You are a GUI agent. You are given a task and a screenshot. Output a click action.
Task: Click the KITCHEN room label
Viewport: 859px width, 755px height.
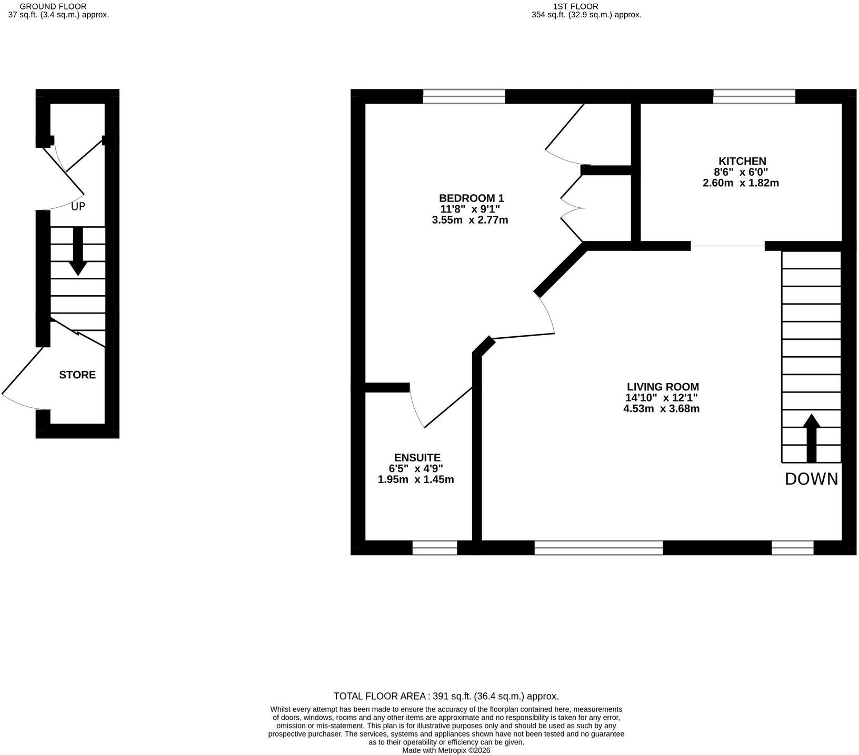pyautogui.click(x=742, y=161)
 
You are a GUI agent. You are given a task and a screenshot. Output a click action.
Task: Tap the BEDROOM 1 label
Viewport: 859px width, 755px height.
pyautogui.click(x=471, y=198)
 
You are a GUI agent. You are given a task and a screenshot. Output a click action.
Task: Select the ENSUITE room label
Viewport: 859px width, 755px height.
pyautogui.click(x=417, y=458)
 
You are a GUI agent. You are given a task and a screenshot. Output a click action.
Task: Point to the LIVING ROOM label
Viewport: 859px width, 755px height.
pyautogui.click(x=662, y=387)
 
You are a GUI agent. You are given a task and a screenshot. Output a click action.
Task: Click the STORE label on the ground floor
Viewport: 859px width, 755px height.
pyautogui.click(x=77, y=375)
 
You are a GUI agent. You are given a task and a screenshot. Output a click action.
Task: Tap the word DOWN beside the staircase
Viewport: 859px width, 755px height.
pyautogui.click(x=811, y=479)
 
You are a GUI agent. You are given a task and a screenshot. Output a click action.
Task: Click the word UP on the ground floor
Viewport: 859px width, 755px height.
pyautogui.click(x=78, y=206)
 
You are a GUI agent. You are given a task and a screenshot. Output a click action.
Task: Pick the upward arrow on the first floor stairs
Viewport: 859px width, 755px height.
pyautogui.click(x=811, y=438)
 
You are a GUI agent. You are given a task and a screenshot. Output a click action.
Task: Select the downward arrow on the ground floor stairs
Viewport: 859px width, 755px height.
pyautogui.click(x=78, y=251)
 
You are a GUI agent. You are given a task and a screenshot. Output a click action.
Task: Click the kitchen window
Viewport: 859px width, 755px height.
pyautogui.click(x=754, y=96)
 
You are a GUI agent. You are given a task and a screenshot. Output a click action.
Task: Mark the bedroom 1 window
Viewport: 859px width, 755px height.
pyautogui.click(x=464, y=96)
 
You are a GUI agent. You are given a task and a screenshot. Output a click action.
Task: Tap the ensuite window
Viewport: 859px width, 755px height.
pyautogui.click(x=435, y=548)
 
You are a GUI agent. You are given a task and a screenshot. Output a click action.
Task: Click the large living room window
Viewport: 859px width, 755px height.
pyautogui.click(x=598, y=548)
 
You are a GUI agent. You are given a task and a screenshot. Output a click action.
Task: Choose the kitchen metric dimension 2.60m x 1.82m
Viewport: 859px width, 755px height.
pyautogui.click(x=741, y=183)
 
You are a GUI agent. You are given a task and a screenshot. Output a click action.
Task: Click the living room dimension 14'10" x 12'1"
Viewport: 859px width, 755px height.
pyautogui.click(x=662, y=398)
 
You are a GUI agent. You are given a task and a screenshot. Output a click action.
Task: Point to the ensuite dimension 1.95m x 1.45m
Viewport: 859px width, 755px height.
pyautogui.click(x=416, y=479)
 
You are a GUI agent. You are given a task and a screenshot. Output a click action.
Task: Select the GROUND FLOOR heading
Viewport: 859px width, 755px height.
pyautogui.click(x=53, y=6)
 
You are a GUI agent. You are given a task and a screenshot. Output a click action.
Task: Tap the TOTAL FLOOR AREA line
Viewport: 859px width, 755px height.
pyautogui.click(x=446, y=696)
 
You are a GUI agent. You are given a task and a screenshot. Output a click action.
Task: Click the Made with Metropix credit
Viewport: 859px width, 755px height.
pyautogui.click(x=446, y=750)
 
